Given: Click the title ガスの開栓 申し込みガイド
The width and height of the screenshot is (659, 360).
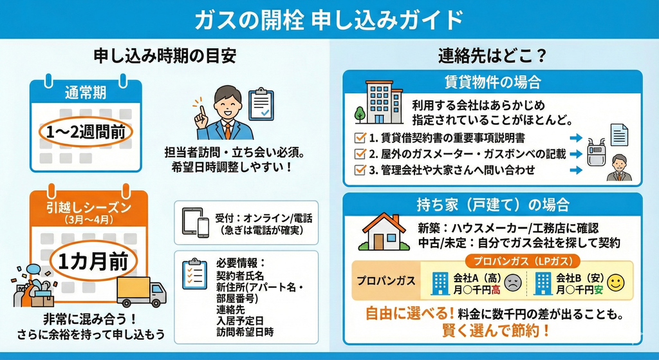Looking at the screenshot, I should (x=329, y=20).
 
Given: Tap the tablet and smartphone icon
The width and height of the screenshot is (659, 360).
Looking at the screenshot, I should (x=196, y=222).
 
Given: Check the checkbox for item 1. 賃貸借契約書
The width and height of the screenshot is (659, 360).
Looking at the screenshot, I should (x=360, y=138).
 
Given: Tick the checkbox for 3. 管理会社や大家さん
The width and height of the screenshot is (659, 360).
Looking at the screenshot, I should (x=360, y=171).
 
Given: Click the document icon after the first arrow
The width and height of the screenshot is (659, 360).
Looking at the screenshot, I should (x=620, y=135).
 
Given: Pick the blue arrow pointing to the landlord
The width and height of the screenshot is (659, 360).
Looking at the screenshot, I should (x=576, y=171).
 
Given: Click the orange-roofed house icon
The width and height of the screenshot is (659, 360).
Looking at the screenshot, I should (x=384, y=232).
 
